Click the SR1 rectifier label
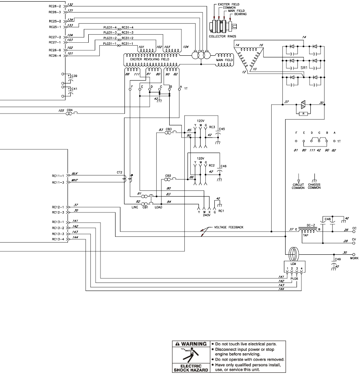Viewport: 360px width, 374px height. point(303,68)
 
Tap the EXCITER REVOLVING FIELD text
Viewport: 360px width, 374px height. point(149,59)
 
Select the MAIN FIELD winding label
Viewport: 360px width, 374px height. point(225,60)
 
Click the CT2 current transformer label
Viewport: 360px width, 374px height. point(119,173)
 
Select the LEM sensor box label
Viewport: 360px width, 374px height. point(293,263)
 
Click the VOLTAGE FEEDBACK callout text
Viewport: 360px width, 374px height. point(229,227)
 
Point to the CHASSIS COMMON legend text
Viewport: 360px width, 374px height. point(314,187)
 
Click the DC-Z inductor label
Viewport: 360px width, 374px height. point(310,225)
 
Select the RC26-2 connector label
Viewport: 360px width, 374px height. point(55,7)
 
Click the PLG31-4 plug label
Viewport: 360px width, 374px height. point(110,27)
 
